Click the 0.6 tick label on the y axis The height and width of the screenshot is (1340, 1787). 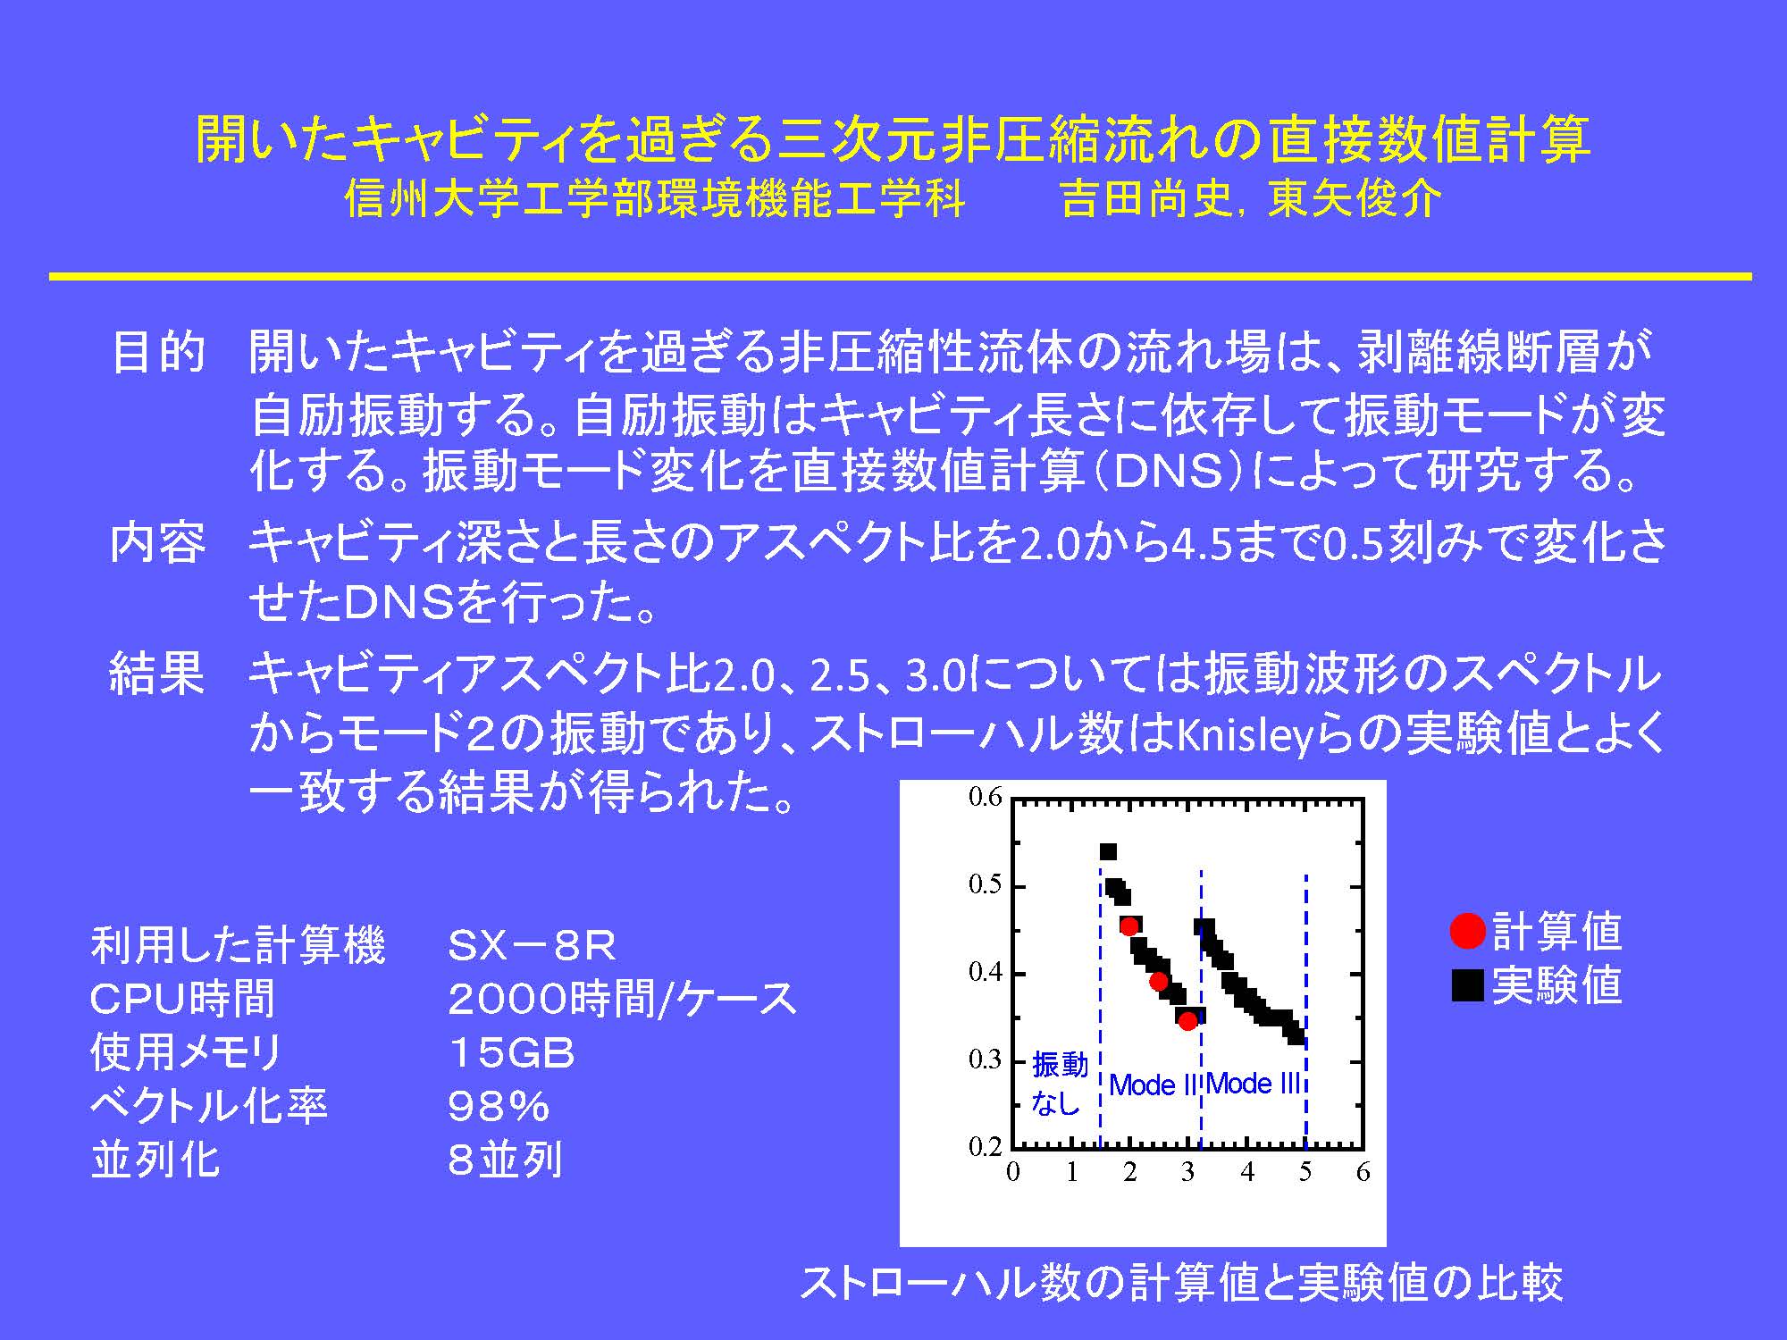click(x=985, y=797)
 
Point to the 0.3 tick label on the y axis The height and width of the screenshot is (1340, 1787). click(x=985, y=1059)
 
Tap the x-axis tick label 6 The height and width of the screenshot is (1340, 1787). click(x=1363, y=1172)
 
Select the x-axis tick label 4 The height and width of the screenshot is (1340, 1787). click(x=1247, y=1172)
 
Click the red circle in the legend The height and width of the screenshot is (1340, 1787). click(x=1467, y=931)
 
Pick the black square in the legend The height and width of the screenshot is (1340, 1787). click(x=1467, y=985)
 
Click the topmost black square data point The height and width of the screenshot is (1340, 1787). click(x=1108, y=851)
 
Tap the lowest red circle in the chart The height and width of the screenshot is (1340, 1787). click(x=1187, y=1021)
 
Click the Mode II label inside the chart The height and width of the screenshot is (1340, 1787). click(x=1153, y=1085)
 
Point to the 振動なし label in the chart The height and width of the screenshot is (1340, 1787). click(x=1060, y=1084)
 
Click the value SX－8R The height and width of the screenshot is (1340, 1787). click(x=533, y=945)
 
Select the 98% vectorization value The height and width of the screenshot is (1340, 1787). click(x=499, y=1107)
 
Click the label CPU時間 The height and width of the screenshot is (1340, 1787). click(x=182, y=999)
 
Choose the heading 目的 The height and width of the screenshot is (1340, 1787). click(x=158, y=352)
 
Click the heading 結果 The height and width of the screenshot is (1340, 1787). click(x=157, y=673)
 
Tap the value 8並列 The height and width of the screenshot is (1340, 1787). click(x=506, y=1160)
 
